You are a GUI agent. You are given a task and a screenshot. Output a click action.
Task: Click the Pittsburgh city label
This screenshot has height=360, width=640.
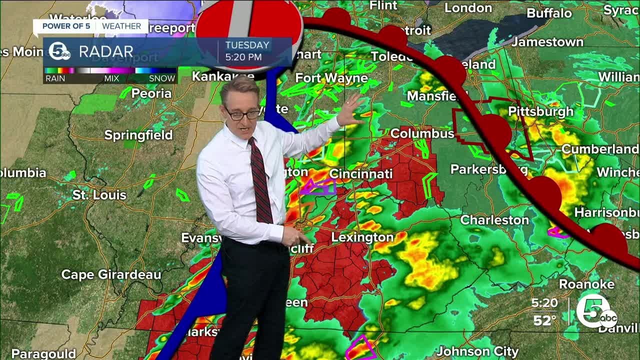[x=540, y=111]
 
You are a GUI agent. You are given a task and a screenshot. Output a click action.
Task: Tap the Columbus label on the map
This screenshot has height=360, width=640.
[x=422, y=133]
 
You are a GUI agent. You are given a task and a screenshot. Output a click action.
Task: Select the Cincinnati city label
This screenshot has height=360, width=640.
[x=360, y=173]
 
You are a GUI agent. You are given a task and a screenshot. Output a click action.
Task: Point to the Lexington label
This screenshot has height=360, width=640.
[x=362, y=237]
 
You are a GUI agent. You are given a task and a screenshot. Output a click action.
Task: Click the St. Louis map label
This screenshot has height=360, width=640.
[x=99, y=194]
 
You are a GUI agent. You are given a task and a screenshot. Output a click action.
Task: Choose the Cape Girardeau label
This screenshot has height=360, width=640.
[x=111, y=274]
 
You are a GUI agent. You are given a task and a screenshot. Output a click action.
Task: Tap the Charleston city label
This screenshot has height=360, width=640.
[x=494, y=219]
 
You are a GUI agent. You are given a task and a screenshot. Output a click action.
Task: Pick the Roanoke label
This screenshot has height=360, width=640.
[x=586, y=284]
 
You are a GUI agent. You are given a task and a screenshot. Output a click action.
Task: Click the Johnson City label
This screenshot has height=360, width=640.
[x=477, y=351]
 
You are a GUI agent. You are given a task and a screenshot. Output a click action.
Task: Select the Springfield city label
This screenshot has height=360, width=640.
[x=138, y=135]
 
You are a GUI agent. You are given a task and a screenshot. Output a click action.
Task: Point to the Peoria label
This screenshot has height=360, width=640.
[x=152, y=93]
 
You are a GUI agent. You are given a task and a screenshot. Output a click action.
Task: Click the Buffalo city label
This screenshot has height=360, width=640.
[x=549, y=13]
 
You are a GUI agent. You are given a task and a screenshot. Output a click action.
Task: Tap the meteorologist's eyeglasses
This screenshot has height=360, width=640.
[x=242, y=114]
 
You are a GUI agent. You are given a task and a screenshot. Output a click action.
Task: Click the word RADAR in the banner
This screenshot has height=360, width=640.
[x=106, y=51]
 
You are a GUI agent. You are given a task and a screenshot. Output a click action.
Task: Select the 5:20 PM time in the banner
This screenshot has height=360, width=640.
[x=243, y=57]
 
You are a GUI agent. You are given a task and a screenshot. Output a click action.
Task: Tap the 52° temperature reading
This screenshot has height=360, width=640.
[x=544, y=320]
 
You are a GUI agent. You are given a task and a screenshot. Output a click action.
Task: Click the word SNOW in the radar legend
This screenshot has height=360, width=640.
[x=162, y=78]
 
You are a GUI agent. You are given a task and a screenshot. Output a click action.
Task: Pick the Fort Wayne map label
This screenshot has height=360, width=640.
[x=331, y=78]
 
